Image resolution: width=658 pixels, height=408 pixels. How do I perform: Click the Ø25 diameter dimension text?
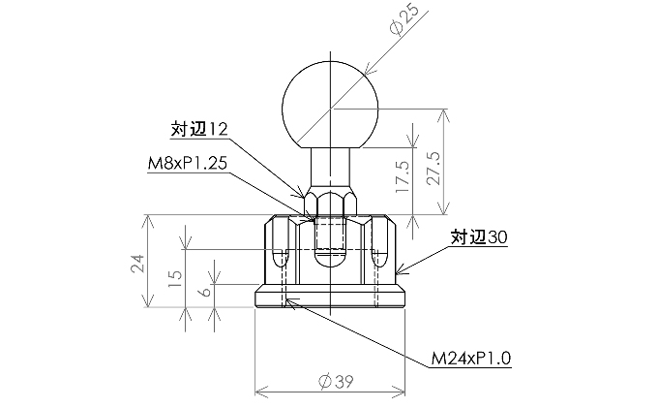(x=404, y=19)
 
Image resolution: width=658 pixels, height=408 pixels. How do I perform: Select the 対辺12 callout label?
(x=199, y=129)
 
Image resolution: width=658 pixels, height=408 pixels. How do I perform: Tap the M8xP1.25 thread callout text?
(x=187, y=163)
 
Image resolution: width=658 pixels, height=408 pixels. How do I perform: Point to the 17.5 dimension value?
(x=402, y=177)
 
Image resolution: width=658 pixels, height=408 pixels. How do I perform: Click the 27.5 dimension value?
(x=433, y=168)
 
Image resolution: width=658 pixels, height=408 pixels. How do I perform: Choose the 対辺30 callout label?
(x=479, y=237)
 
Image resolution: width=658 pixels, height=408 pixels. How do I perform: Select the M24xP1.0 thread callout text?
(x=471, y=359)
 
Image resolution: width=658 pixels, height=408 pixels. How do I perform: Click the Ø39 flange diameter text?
(x=336, y=382)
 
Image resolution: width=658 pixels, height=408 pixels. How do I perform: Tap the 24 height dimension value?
(x=137, y=264)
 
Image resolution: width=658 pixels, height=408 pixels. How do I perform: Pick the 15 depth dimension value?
(x=175, y=278)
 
